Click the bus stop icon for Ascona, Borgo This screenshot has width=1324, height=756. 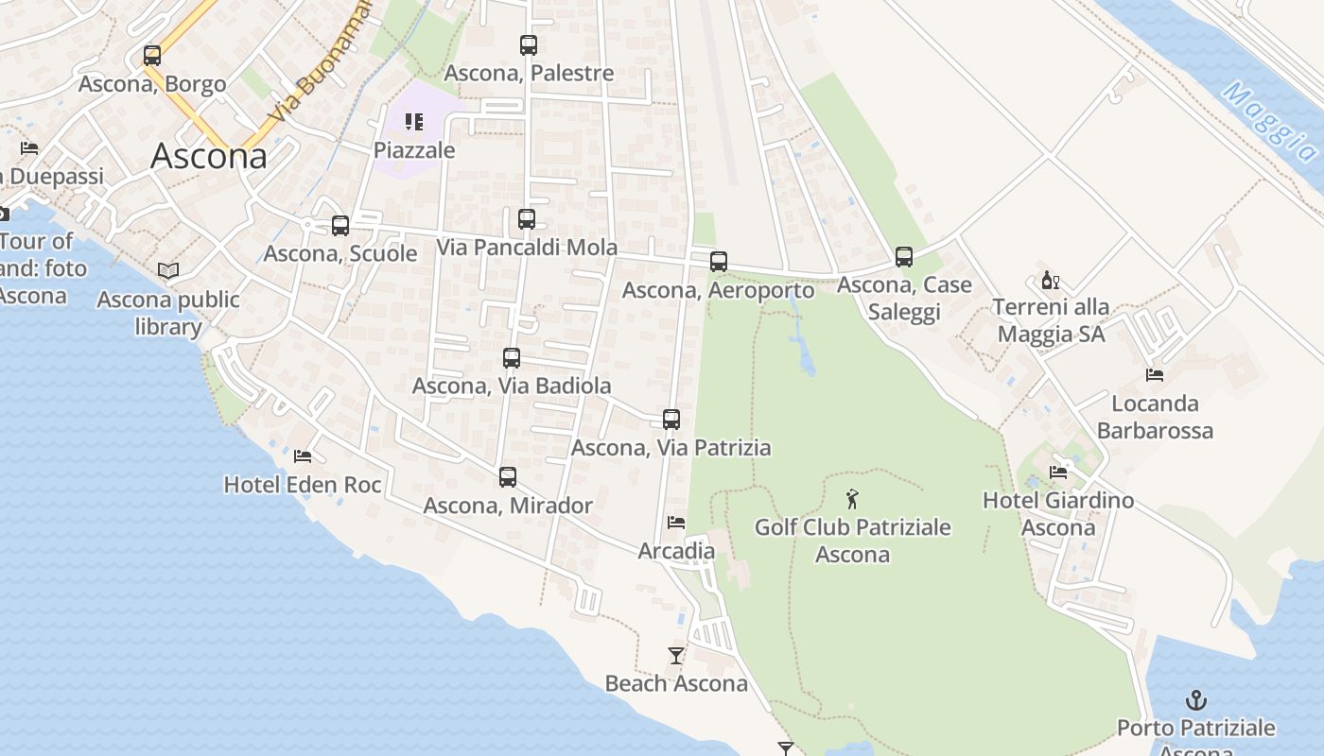[x=152, y=56]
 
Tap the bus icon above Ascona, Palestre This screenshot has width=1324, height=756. [x=529, y=44]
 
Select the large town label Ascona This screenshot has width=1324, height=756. [x=209, y=156]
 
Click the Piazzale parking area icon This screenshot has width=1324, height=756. [x=414, y=122]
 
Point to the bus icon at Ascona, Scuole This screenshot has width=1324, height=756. [x=340, y=226]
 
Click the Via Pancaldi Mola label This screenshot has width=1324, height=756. [x=527, y=248]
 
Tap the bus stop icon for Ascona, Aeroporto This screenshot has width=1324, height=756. [x=719, y=262]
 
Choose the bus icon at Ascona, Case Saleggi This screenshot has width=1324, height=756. [x=904, y=257]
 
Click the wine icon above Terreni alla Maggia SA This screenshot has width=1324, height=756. [x=1050, y=281]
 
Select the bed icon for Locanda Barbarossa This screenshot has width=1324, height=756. [x=1155, y=375]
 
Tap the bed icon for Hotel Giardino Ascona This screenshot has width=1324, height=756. [x=1058, y=472]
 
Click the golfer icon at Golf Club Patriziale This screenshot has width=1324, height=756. [x=853, y=498]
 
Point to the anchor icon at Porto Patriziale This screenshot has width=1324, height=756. [x=1196, y=700]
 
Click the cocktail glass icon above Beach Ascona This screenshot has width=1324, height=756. [x=676, y=655]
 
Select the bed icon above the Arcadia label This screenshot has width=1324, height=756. [x=676, y=522]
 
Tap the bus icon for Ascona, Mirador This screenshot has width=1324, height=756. [x=508, y=477]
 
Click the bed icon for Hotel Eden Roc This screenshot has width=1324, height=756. [x=303, y=456]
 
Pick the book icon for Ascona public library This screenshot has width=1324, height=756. [x=168, y=271]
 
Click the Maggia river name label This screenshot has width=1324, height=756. [x=1269, y=121]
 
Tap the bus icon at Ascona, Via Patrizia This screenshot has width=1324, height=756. [x=671, y=420]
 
